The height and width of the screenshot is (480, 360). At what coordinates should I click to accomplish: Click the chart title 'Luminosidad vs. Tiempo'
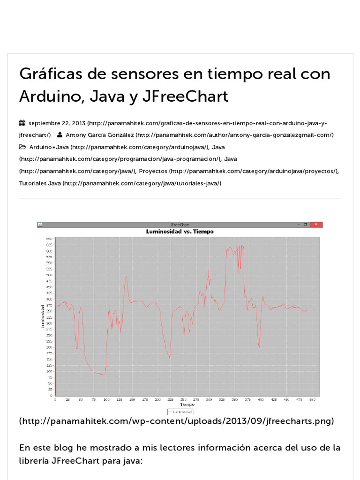180,232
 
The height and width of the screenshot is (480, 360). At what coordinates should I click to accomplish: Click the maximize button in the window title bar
306,225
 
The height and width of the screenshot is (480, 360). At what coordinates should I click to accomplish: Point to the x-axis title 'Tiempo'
187,405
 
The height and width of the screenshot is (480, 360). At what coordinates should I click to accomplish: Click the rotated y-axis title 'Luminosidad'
43,316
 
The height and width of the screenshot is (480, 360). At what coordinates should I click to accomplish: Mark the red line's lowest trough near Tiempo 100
103,375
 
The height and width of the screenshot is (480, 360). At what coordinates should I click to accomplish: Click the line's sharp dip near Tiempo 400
259,347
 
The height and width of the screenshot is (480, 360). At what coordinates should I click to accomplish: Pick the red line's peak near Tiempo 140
126,277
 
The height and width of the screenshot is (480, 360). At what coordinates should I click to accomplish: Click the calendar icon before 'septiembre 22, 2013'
22,123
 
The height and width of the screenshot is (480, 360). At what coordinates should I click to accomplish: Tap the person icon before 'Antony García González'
60,135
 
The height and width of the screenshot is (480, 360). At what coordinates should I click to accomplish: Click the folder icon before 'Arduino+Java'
22,147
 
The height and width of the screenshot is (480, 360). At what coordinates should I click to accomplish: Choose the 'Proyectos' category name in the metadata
153,172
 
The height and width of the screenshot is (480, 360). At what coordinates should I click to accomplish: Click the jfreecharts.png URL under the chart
177,421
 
